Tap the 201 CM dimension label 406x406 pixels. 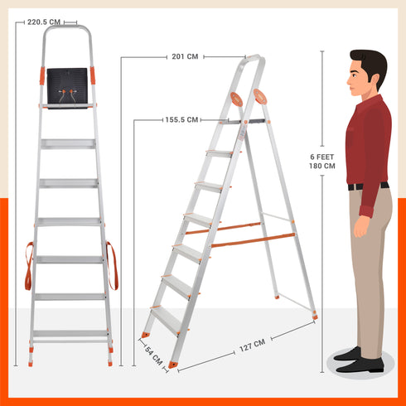click(185, 57)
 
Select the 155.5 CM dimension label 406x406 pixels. click(181, 120)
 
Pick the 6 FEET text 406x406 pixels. click(322, 156)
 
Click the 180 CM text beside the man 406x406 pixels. click(322, 166)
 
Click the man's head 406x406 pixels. click(367, 74)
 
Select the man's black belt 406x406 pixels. click(367, 186)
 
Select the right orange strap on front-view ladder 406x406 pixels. click(111, 264)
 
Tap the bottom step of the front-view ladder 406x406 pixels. click(70, 334)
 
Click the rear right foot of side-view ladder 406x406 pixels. click(315, 316)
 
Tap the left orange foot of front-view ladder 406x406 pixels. click(31, 360)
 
